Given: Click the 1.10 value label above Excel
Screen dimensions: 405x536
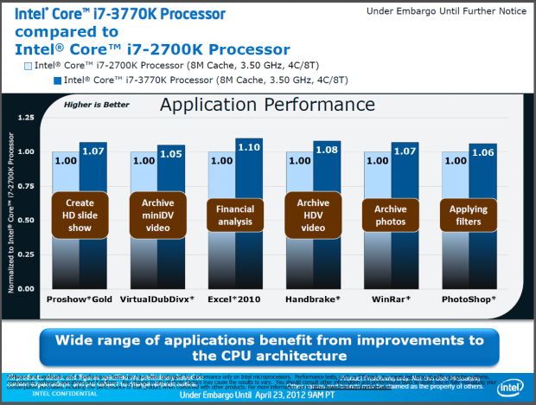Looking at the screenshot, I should [x=249, y=147].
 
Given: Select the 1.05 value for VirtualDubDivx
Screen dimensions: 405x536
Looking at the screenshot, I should [x=171, y=154].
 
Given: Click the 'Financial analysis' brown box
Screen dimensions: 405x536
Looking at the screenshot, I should [x=235, y=214].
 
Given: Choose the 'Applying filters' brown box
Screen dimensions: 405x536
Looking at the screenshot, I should [x=469, y=214].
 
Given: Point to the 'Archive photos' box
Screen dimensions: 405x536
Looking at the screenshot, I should [x=391, y=214].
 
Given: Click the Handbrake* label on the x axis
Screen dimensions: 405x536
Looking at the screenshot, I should [x=313, y=298].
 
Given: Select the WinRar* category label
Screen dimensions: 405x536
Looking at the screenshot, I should [x=391, y=298].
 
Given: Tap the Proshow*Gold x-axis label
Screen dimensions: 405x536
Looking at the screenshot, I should [x=80, y=298].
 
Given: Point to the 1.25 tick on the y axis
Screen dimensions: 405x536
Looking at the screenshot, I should [x=25, y=117].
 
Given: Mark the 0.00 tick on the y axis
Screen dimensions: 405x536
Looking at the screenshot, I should [x=25, y=288].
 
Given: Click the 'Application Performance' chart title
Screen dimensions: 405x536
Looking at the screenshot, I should [x=253, y=106].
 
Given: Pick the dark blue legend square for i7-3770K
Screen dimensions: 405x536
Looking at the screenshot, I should [x=57, y=80].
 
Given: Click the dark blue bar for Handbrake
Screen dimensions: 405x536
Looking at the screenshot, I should [x=327, y=216].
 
